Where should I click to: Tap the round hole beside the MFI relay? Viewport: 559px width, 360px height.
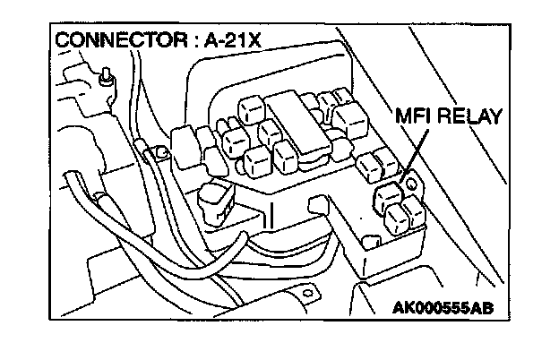pyautogui.click(x=413, y=184)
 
